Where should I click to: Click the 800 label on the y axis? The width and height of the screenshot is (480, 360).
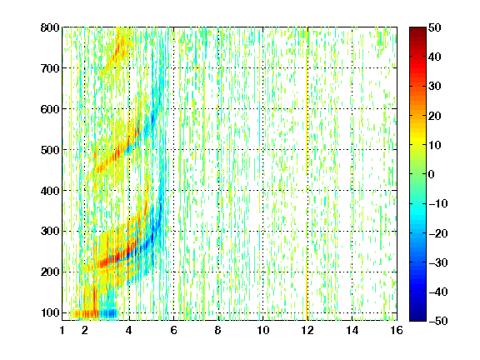(50, 27)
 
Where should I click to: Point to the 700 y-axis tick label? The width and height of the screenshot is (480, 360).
(50, 68)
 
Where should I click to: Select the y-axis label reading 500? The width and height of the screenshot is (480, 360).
(50, 150)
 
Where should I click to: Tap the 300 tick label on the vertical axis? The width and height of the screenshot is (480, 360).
(50, 232)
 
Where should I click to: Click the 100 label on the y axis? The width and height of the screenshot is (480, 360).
(50, 312)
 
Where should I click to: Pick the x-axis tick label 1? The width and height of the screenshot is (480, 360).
(62, 330)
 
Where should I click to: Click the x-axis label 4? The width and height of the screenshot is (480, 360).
(129, 330)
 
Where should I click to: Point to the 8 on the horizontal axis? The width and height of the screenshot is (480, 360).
(218, 330)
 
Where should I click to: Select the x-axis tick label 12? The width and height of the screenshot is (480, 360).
(307, 330)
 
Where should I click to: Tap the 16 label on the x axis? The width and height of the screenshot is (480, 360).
(397, 330)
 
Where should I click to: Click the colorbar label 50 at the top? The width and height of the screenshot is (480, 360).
(435, 27)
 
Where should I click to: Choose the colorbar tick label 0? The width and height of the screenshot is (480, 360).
(432, 174)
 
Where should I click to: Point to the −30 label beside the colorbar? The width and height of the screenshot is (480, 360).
(438, 262)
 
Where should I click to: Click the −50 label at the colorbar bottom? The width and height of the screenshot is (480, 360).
(438, 321)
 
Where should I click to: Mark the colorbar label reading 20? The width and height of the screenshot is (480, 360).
(435, 116)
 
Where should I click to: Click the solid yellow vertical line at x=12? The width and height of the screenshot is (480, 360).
(307, 174)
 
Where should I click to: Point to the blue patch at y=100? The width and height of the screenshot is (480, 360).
(108, 313)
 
